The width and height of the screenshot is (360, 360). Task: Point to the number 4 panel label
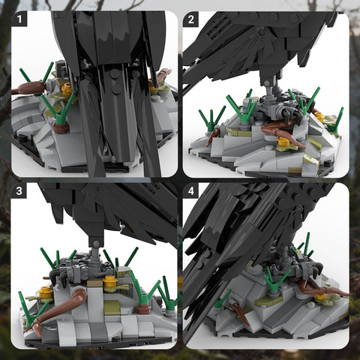[190, 190]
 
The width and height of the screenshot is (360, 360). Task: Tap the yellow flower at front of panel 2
[283, 142]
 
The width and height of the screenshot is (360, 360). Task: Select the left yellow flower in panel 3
[46, 292]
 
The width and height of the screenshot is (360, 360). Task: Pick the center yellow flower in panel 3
[110, 283]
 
